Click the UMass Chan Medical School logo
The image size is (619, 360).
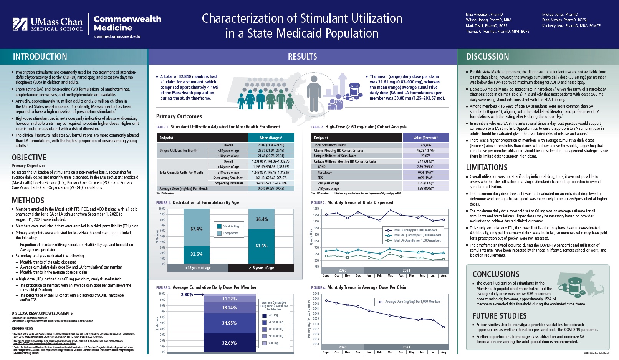[x=48, y=24]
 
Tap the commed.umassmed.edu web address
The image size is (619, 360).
[x=117, y=37]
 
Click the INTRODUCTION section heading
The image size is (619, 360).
[x=40, y=57]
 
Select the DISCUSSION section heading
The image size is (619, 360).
[x=487, y=57]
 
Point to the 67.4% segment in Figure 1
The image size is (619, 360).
[x=196, y=229]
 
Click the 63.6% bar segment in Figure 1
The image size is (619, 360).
[x=262, y=246]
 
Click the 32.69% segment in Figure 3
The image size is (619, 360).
[x=229, y=343]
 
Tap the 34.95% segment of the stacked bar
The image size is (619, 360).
[x=229, y=323]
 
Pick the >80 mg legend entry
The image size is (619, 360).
[x=273, y=343]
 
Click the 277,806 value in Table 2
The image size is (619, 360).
[x=425, y=145]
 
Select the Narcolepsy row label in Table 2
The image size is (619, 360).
[x=325, y=173]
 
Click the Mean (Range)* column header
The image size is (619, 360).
[x=271, y=138]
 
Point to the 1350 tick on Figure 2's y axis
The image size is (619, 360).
[x=316, y=209]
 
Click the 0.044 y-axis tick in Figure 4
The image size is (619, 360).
[x=315, y=294]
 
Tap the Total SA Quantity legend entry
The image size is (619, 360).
[x=417, y=235]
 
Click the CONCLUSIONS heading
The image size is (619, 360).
[x=496, y=274]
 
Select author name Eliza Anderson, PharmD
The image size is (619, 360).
[x=484, y=15]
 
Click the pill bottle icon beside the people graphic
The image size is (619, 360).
[x=354, y=91]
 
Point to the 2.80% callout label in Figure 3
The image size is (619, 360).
[x=187, y=295]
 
